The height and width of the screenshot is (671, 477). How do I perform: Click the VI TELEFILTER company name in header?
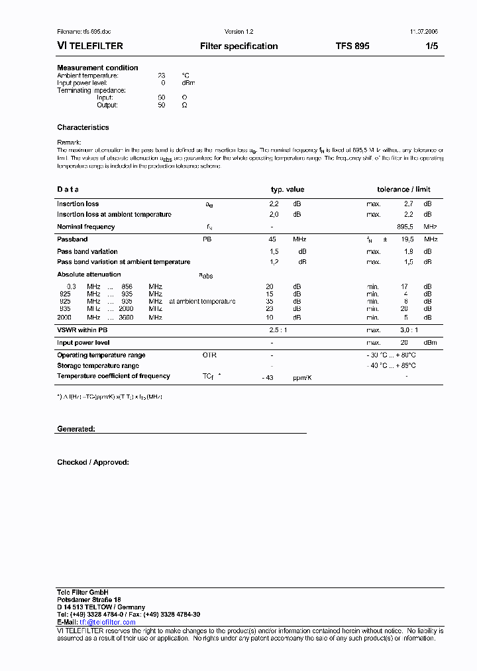(x=89, y=46)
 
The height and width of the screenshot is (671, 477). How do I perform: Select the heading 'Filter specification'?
(x=238, y=46)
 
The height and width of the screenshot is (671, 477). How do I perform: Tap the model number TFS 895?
(x=352, y=46)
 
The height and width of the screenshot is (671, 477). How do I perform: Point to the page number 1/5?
(x=431, y=46)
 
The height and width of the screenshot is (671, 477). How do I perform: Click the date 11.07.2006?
(x=419, y=32)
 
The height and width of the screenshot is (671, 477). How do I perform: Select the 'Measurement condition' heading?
(x=97, y=68)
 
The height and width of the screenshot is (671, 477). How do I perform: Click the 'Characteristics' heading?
(x=83, y=127)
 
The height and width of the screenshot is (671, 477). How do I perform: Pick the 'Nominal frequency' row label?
(x=85, y=227)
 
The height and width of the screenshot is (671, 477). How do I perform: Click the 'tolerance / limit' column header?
(x=403, y=190)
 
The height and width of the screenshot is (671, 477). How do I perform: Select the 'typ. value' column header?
(x=288, y=190)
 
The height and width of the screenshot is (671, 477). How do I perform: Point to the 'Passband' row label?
(x=72, y=239)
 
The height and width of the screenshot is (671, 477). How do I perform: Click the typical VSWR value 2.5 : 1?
(x=278, y=330)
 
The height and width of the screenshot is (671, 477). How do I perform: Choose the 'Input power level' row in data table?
(x=83, y=343)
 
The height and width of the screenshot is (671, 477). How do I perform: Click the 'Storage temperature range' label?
(x=98, y=365)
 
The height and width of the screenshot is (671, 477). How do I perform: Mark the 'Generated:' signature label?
(x=76, y=429)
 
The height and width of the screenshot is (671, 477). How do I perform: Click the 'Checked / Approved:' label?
(x=93, y=462)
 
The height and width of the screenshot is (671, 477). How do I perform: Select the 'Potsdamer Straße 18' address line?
(x=89, y=599)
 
